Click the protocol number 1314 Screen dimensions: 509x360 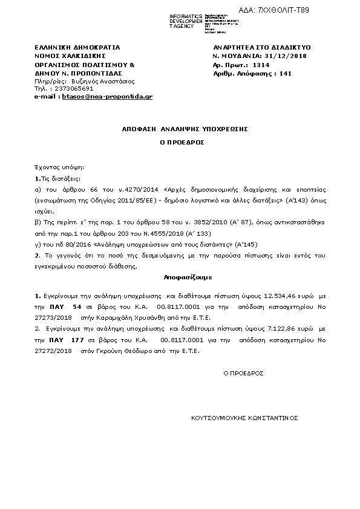pos(261,64)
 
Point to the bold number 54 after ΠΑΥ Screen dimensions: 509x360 pos(77,307)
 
